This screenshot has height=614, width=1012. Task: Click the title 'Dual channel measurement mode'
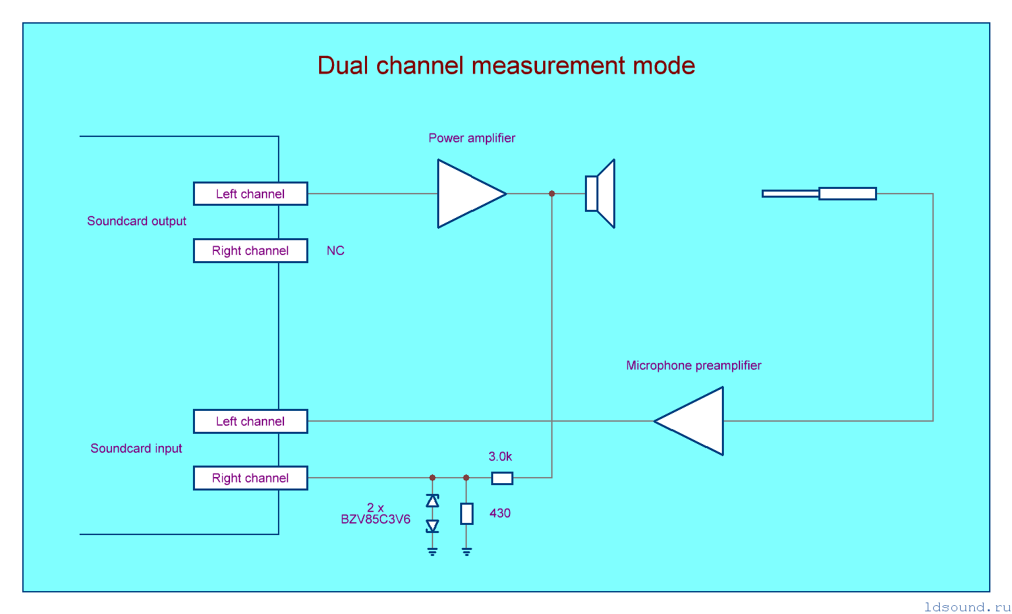coord(506,65)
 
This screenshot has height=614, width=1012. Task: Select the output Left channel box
coord(250,194)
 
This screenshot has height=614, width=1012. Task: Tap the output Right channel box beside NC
coord(250,250)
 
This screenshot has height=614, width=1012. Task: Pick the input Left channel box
coord(250,421)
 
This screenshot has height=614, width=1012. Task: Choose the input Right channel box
coord(250,478)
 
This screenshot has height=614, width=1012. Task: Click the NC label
coord(335,251)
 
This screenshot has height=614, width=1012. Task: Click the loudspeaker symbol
coord(600,194)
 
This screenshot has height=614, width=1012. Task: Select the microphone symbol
coord(819,194)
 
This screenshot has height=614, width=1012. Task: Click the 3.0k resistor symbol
coord(502,478)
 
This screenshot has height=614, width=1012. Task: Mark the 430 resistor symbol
coord(467,513)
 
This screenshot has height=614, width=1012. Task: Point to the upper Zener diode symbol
coord(432,501)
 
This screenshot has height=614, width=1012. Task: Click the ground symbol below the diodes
coord(432,551)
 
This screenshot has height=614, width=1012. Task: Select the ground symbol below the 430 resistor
coord(467,551)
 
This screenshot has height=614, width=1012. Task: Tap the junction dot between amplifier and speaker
coord(552,194)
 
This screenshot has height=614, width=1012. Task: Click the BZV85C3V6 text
coord(375,520)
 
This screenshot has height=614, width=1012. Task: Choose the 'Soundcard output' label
coord(136,221)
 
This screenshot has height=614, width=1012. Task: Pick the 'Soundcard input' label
coord(136,449)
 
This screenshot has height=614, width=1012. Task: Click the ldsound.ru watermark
coord(967,607)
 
